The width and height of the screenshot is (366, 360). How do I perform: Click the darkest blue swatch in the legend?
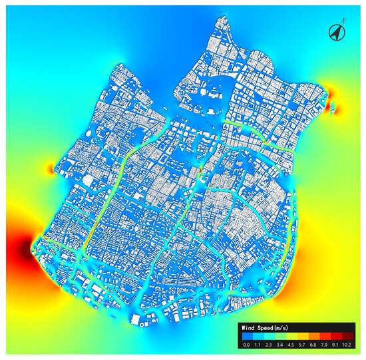(246, 337)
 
